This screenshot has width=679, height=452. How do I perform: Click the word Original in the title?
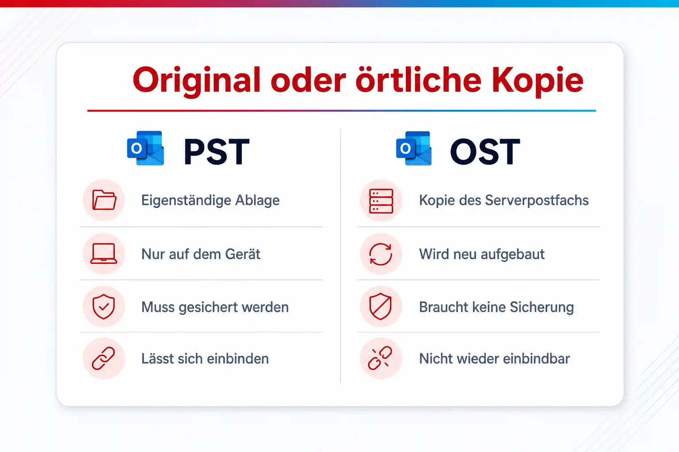tap(197, 81)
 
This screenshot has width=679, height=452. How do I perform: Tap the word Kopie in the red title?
tap(537, 81)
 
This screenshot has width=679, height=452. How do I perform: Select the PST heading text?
tap(217, 151)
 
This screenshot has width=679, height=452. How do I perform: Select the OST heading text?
tap(484, 151)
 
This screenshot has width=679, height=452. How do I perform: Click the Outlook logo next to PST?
tap(145, 148)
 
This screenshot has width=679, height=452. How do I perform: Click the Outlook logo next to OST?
tap(414, 148)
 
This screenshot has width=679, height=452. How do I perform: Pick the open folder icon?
tap(104, 200)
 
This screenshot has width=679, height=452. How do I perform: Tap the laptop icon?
tap(104, 253)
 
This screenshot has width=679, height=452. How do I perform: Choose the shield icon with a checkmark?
tap(104, 306)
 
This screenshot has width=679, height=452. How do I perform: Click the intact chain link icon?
tap(103, 358)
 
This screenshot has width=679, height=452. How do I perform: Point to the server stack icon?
tap(381, 201)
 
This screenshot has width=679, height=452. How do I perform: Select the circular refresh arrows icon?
tap(381, 254)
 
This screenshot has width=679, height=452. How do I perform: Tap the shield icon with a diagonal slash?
tap(381, 306)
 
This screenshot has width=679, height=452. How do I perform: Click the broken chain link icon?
tap(380, 358)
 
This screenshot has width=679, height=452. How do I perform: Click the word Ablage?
tap(257, 200)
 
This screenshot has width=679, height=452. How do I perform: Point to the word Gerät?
tap(243, 254)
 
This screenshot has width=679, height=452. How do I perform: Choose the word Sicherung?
tap(542, 307)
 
